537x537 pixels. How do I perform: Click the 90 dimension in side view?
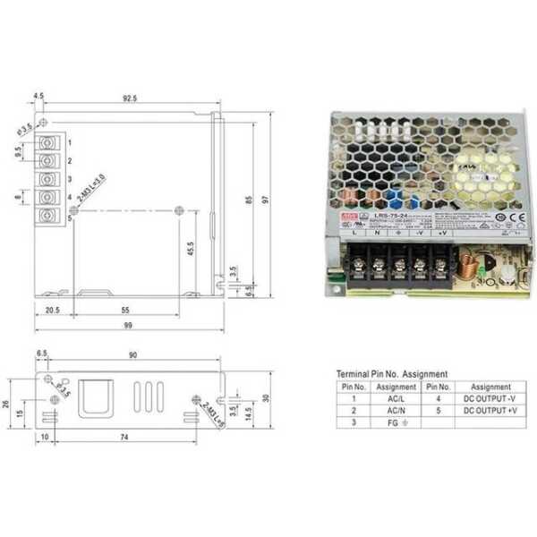132,355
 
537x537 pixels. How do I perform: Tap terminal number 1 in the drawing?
69,142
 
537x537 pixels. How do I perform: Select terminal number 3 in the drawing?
69,179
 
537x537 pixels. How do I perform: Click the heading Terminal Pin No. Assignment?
392,374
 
